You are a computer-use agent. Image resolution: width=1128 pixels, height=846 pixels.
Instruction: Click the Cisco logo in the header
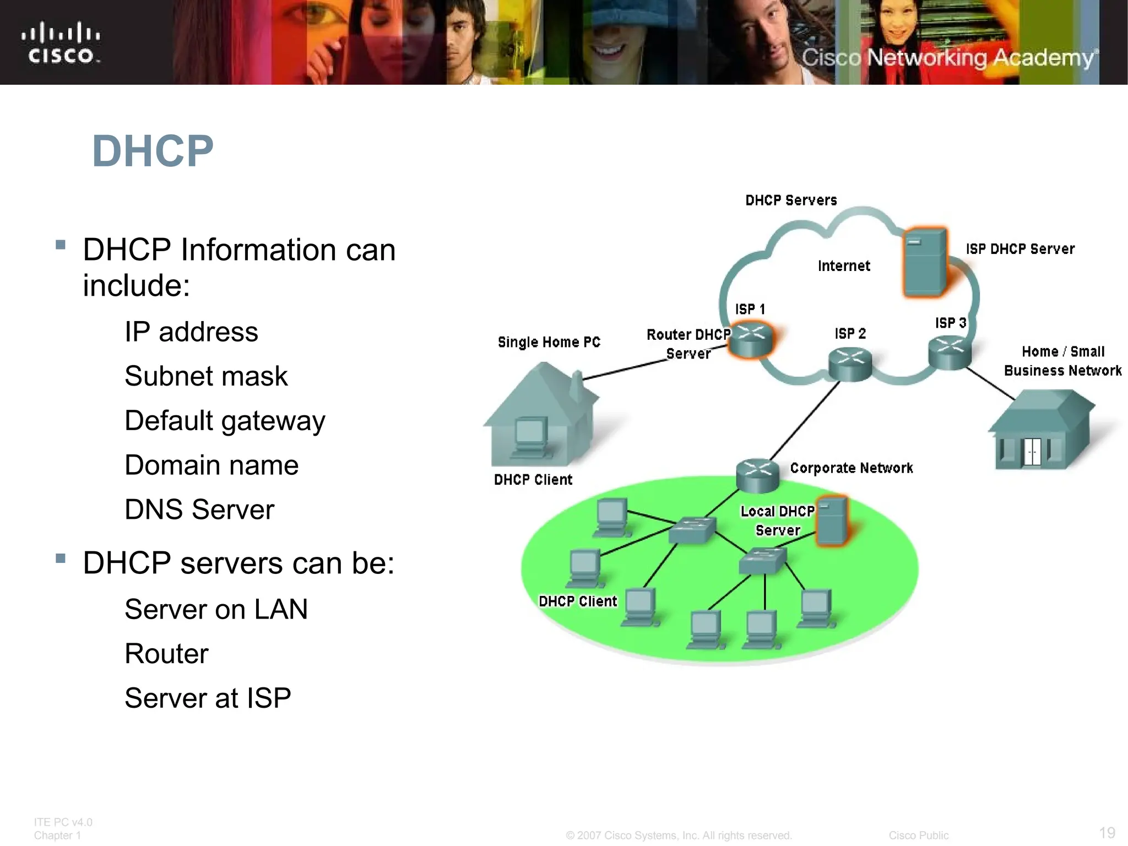61,43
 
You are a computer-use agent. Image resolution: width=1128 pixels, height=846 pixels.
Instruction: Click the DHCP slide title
153,151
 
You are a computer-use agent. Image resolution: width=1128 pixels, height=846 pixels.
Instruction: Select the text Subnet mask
206,376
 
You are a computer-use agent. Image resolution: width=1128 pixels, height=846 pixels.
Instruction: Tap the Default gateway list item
225,421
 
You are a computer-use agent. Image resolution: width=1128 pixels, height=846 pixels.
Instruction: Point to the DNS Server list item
199,509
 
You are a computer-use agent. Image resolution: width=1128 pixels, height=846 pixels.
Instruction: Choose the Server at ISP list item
208,698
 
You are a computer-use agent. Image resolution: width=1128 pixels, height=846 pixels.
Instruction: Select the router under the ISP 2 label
850,364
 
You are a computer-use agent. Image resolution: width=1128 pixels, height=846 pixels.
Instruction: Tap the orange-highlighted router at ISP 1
751,340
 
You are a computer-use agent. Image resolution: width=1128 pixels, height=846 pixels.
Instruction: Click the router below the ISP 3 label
950,353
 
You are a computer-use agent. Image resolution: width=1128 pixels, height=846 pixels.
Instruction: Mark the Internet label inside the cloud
844,266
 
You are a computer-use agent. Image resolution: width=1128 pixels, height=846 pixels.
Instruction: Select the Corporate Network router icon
757,475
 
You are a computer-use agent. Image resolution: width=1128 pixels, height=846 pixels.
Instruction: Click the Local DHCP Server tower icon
832,521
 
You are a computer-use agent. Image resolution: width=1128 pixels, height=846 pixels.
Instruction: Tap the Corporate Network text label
852,468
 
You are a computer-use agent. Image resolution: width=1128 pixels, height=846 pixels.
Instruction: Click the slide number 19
1107,832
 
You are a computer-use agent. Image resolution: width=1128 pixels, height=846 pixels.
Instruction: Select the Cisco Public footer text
918,836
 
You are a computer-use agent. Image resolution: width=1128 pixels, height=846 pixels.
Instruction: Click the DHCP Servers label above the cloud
791,200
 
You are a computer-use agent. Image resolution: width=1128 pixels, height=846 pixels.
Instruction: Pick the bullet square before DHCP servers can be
61,559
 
